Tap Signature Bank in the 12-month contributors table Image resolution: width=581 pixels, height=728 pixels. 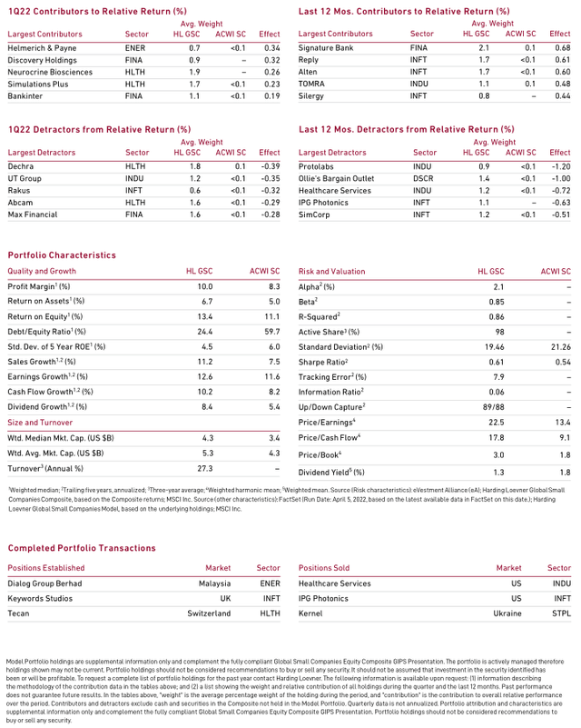[325, 46]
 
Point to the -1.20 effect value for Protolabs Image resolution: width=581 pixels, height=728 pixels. [560, 166]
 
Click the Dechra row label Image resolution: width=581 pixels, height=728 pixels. [20, 166]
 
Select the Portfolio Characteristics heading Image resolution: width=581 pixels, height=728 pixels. [62, 255]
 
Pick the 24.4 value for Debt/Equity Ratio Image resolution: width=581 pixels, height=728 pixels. [204, 332]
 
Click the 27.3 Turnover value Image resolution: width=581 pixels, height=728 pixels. [204, 468]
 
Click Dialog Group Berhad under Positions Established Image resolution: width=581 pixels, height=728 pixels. [45, 583]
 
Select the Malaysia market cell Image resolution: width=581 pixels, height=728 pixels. [214, 583]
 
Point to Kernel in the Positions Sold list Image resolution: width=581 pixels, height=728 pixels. [310, 613]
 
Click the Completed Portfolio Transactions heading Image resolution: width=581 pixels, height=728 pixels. [82, 548]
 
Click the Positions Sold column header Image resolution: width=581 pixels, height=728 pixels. [324, 568]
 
